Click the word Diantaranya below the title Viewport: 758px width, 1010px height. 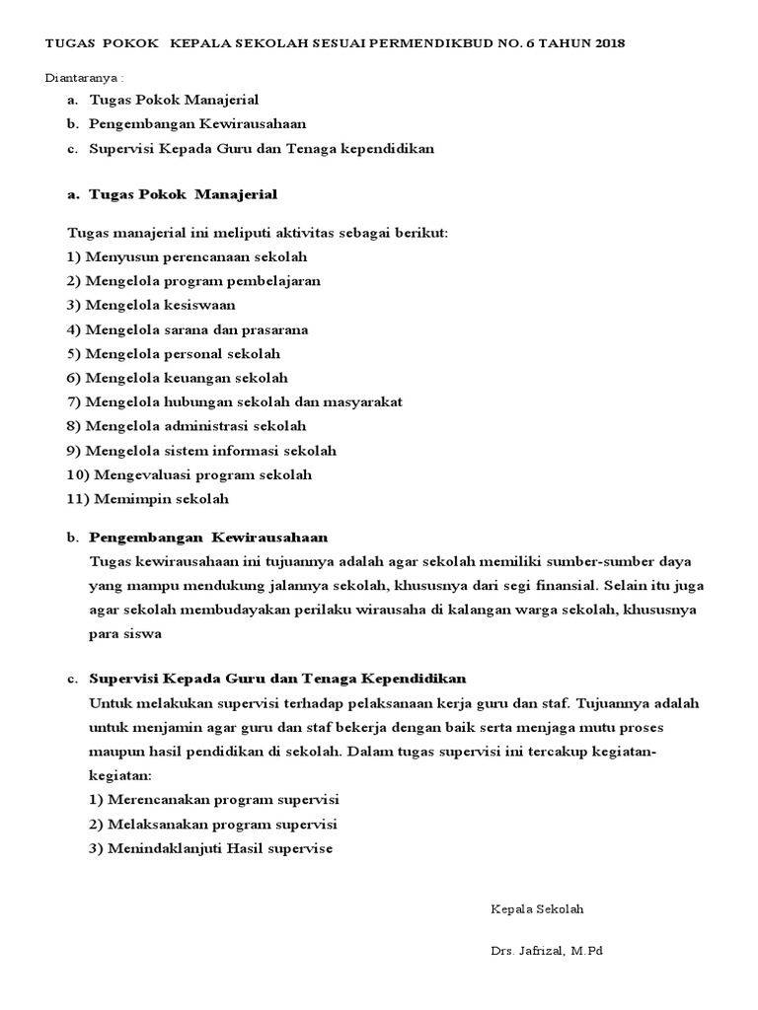tap(84, 78)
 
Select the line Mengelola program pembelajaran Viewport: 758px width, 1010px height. tap(193, 280)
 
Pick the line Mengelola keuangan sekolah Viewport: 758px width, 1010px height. tap(178, 378)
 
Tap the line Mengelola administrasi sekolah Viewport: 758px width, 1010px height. tap(187, 426)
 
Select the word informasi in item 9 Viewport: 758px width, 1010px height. tap(247, 451)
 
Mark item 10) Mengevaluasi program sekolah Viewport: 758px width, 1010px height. tap(189, 474)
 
